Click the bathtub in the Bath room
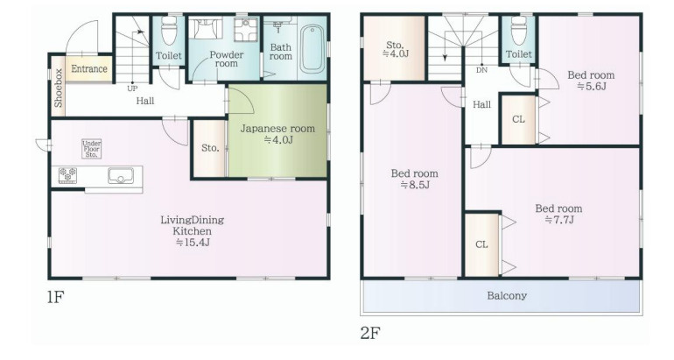(x=312, y=48)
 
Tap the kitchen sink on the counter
(x=121, y=175)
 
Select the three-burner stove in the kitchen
(x=67, y=175)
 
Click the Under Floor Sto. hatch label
(x=92, y=149)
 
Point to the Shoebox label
(x=59, y=88)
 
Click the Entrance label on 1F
(x=89, y=69)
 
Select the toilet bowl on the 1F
(x=168, y=31)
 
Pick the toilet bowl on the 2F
(x=519, y=31)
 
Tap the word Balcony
(x=507, y=296)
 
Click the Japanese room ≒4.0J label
(x=277, y=134)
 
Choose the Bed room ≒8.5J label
(x=415, y=179)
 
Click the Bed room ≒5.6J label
(x=591, y=81)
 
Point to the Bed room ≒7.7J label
(x=558, y=214)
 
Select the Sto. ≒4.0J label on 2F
(x=395, y=49)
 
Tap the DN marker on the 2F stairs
(x=481, y=70)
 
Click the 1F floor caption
(x=56, y=298)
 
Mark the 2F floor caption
(x=370, y=333)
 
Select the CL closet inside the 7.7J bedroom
(x=481, y=244)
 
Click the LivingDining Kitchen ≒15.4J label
(x=193, y=231)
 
